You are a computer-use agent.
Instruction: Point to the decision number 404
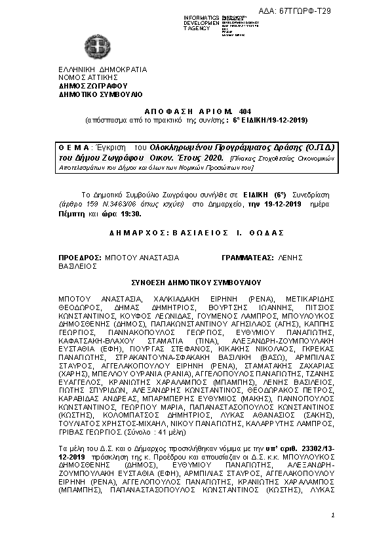(241, 112)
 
